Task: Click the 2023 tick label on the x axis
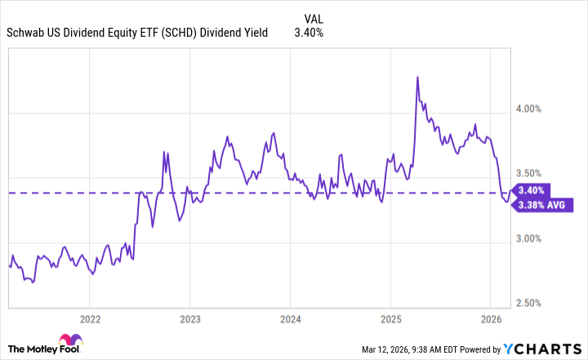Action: [x=189, y=318]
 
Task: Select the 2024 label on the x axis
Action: [x=291, y=318]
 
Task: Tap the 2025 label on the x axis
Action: [x=390, y=318]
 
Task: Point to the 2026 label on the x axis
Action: [x=491, y=318]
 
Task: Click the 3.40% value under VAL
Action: [x=309, y=33]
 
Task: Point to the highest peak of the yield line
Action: [x=417, y=78]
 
